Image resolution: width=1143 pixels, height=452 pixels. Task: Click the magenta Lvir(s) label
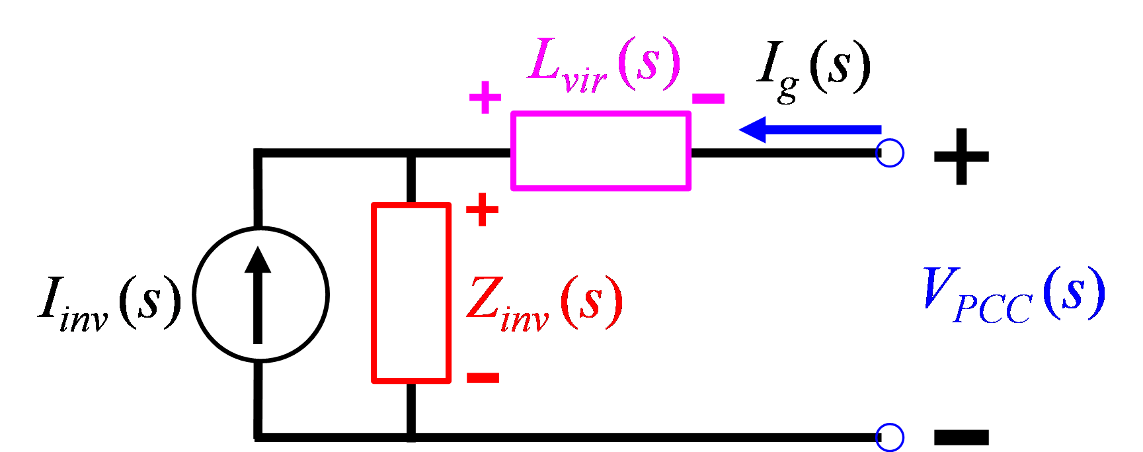point(604,64)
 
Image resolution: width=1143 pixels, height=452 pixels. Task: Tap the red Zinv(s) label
point(544,302)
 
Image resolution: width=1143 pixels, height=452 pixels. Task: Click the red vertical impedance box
point(374,293)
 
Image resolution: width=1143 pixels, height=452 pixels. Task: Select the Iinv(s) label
point(110,301)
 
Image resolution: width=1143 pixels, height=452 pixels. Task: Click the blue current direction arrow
point(810,130)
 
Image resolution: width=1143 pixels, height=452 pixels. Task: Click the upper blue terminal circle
point(890,141)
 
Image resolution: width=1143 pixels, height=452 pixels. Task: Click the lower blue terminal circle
point(890,425)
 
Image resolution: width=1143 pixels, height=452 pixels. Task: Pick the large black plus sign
point(961,157)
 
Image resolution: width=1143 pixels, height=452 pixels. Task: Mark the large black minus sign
point(961,437)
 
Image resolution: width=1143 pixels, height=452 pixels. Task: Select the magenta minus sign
point(708,99)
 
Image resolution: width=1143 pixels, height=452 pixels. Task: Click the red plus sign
point(483,210)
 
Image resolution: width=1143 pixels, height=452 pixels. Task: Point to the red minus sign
point(483,377)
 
